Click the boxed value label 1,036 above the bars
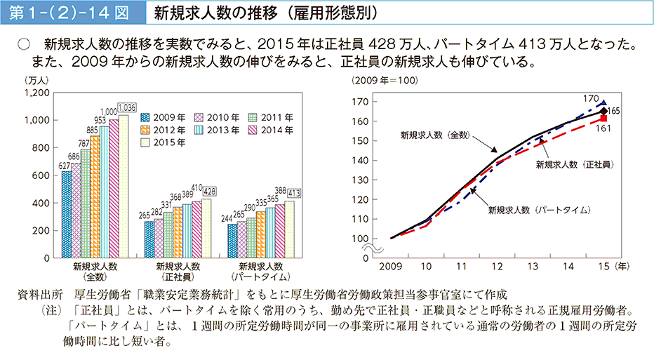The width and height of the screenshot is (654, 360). point(127,107)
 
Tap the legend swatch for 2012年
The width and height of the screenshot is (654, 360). point(145,130)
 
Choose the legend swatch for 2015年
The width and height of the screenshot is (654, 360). point(145,142)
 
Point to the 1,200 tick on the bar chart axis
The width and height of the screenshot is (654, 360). point(36,93)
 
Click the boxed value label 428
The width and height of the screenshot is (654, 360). point(210,192)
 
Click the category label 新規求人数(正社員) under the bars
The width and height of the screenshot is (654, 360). point(178,272)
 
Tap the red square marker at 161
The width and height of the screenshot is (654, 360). point(603,118)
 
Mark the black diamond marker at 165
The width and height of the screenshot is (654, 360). point(603,110)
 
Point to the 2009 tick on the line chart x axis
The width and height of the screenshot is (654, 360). point(392,267)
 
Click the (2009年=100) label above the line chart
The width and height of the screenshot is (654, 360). point(385,80)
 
